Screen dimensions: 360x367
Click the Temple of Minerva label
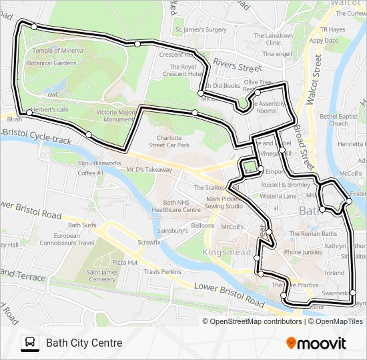pos(58,51)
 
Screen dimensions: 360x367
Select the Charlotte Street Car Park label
pos(169,141)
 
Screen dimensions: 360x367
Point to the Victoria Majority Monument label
pos(116,116)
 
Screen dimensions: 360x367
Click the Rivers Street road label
pos(237,67)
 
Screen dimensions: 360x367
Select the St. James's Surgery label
pos(201,30)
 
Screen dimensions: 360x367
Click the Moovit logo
pos(316,343)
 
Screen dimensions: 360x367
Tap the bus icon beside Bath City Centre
pos(30,343)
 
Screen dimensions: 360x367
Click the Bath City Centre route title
pos(84,343)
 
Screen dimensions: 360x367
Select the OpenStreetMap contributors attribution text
pos(256,321)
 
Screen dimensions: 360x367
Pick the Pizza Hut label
pos(125,263)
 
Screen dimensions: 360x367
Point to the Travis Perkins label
pos(162,272)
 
